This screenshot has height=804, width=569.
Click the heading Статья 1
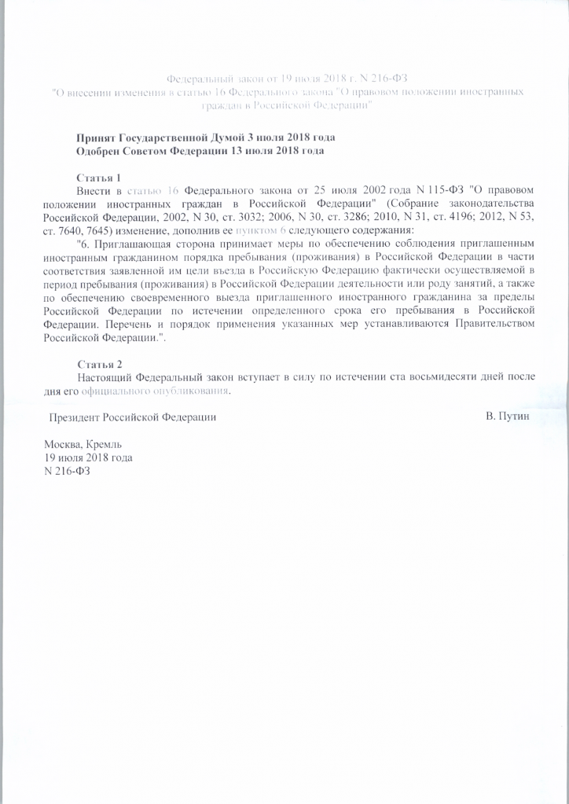[99, 178]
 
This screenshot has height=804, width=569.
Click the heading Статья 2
[100, 364]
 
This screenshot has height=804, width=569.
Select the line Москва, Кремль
[81, 444]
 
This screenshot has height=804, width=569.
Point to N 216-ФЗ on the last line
[68, 471]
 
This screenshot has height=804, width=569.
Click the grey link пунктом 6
[258, 230]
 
